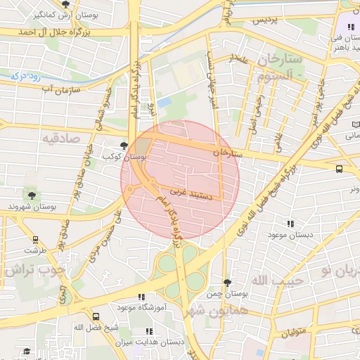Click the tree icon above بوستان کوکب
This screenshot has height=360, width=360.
(124, 146)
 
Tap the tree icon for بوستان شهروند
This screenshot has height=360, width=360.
(31, 194)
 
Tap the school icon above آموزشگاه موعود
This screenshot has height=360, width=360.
(141, 297)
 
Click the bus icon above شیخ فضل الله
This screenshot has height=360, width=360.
(96, 316)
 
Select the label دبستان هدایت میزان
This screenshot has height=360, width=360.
(150, 342)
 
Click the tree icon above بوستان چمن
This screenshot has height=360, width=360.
(226, 282)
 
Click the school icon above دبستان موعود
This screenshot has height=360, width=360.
(290, 224)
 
